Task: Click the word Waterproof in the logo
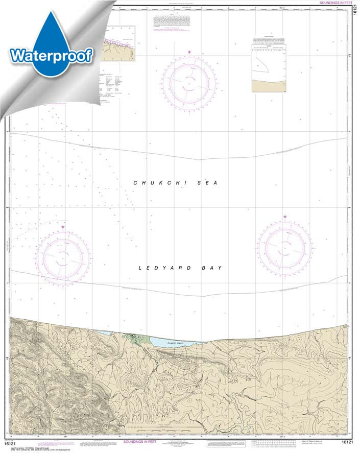coord(51,55)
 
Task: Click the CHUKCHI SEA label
coord(175,183)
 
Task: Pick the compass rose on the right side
coord(284,247)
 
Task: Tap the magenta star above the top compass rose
coord(189,53)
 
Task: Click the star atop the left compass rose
coord(63,227)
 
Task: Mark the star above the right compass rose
coord(285,217)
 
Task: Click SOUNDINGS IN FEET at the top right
coord(335,3)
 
